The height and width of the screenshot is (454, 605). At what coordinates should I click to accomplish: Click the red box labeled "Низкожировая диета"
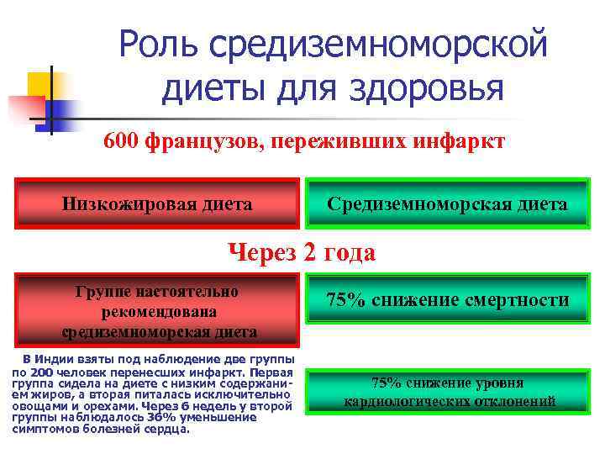(157, 203)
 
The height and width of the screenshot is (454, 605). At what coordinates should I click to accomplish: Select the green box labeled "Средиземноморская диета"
(447, 203)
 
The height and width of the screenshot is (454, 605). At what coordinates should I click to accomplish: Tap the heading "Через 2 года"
(302, 251)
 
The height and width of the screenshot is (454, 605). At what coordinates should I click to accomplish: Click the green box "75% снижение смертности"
(447, 300)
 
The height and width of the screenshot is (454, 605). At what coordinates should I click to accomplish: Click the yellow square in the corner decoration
(39, 85)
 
